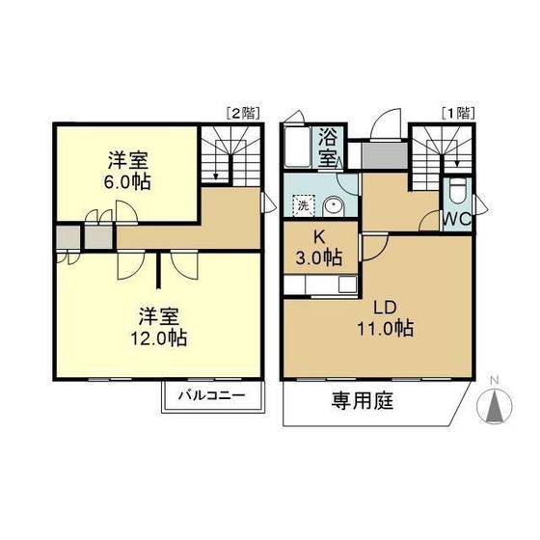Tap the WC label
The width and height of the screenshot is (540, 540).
(x=458, y=218)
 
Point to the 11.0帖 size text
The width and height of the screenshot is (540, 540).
(x=388, y=329)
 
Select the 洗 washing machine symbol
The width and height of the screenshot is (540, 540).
(x=302, y=205)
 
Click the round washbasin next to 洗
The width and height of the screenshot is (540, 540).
(x=333, y=204)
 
